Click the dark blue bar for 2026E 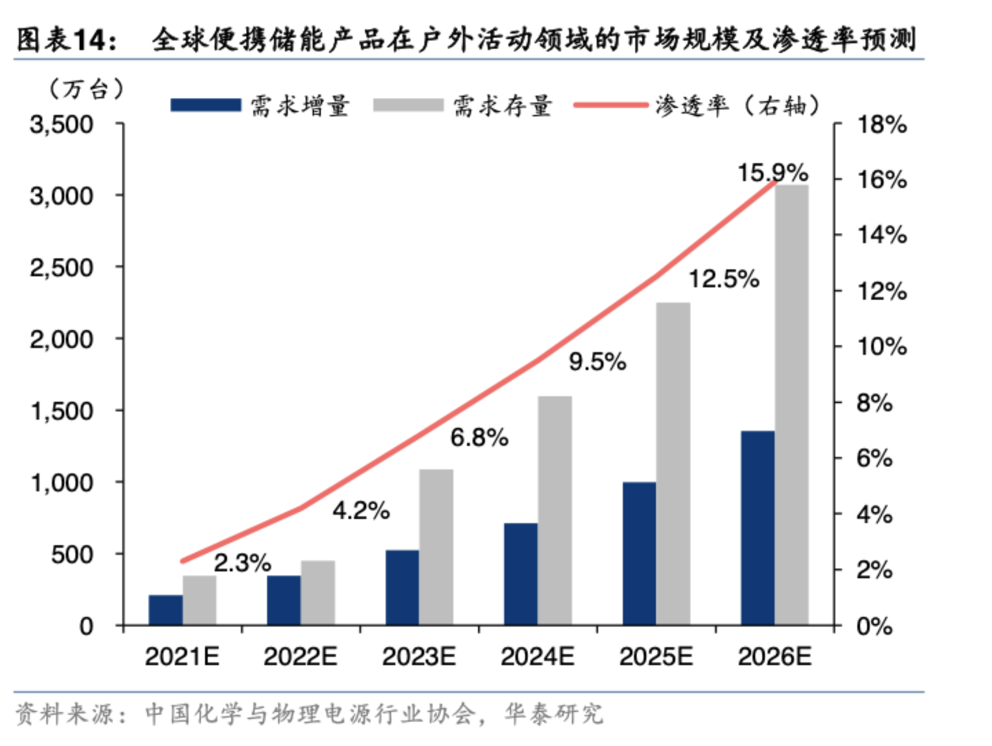click(x=758, y=528)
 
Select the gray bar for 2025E click(x=673, y=464)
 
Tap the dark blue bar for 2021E click(x=166, y=610)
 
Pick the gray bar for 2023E click(x=436, y=547)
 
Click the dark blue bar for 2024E click(x=520, y=574)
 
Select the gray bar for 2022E click(x=318, y=593)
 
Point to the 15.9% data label click(x=772, y=173)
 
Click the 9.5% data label click(x=597, y=362)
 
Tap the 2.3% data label click(x=242, y=563)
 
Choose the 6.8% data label click(x=479, y=438)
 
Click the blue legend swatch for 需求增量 click(x=205, y=105)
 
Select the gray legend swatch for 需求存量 click(x=408, y=105)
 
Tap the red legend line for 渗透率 click(x=610, y=105)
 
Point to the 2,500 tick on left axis click(x=61, y=268)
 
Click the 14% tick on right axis click(x=882, y=235)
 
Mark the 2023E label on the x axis click(x=419, y=657)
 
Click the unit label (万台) click(x=86, y=89)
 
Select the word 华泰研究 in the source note click(x=554, y=714)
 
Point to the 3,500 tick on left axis click(x=61, y=125)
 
